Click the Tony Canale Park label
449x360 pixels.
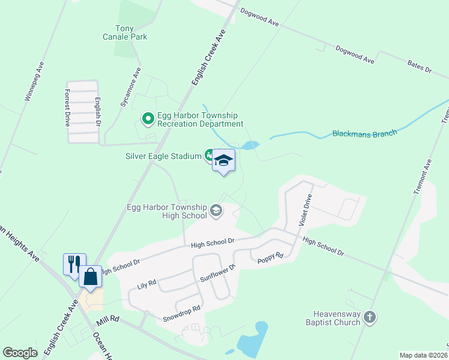(131, 32)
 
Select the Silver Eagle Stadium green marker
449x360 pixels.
(209, 156)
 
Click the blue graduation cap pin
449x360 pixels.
(223, 161)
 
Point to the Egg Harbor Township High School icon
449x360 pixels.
(215, 211)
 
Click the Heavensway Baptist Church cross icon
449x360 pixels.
(370, 317)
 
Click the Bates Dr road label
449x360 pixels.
(419, 66)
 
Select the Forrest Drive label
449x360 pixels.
(67, 107)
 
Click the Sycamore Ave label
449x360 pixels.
(129, 87)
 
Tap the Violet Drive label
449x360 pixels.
(306, 209)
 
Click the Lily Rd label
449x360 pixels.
(147, 281)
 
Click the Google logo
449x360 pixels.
(20, 353)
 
